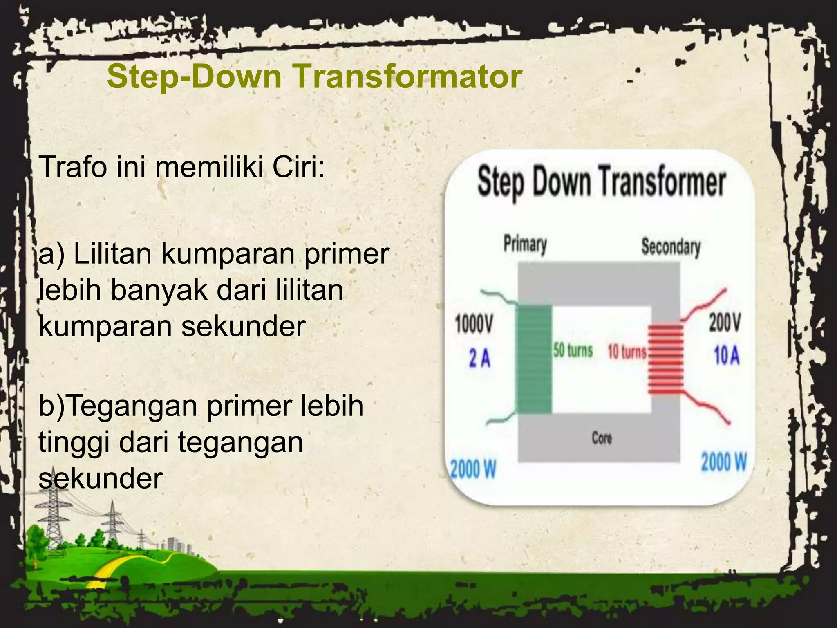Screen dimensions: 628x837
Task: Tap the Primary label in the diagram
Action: (x=525, y=244)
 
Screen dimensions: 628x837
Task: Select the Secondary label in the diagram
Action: (x=671, y=247)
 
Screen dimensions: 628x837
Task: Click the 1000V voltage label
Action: (x=474, y=325)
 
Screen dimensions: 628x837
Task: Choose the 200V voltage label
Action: (x=724, y=323)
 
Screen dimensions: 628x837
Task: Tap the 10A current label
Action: (x=727, y=355)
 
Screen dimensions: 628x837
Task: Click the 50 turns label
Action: (x=573, y=351)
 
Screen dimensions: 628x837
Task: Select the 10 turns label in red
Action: (x=627, y=352)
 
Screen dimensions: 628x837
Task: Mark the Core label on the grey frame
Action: (x=602, y=438)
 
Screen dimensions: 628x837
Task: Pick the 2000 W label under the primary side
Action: (x=473, y=469)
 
